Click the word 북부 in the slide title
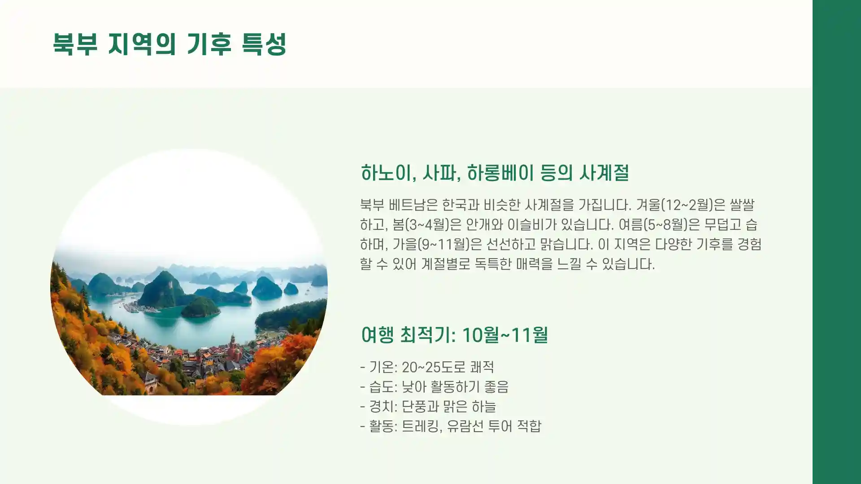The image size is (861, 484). click(75, 44)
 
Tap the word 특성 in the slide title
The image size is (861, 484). click(264, 44)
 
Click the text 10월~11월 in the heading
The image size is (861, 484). click(504, 335)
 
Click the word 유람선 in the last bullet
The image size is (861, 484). click(465, 426)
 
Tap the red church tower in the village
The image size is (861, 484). click(233, 346)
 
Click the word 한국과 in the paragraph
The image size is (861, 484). click(461, 205)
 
